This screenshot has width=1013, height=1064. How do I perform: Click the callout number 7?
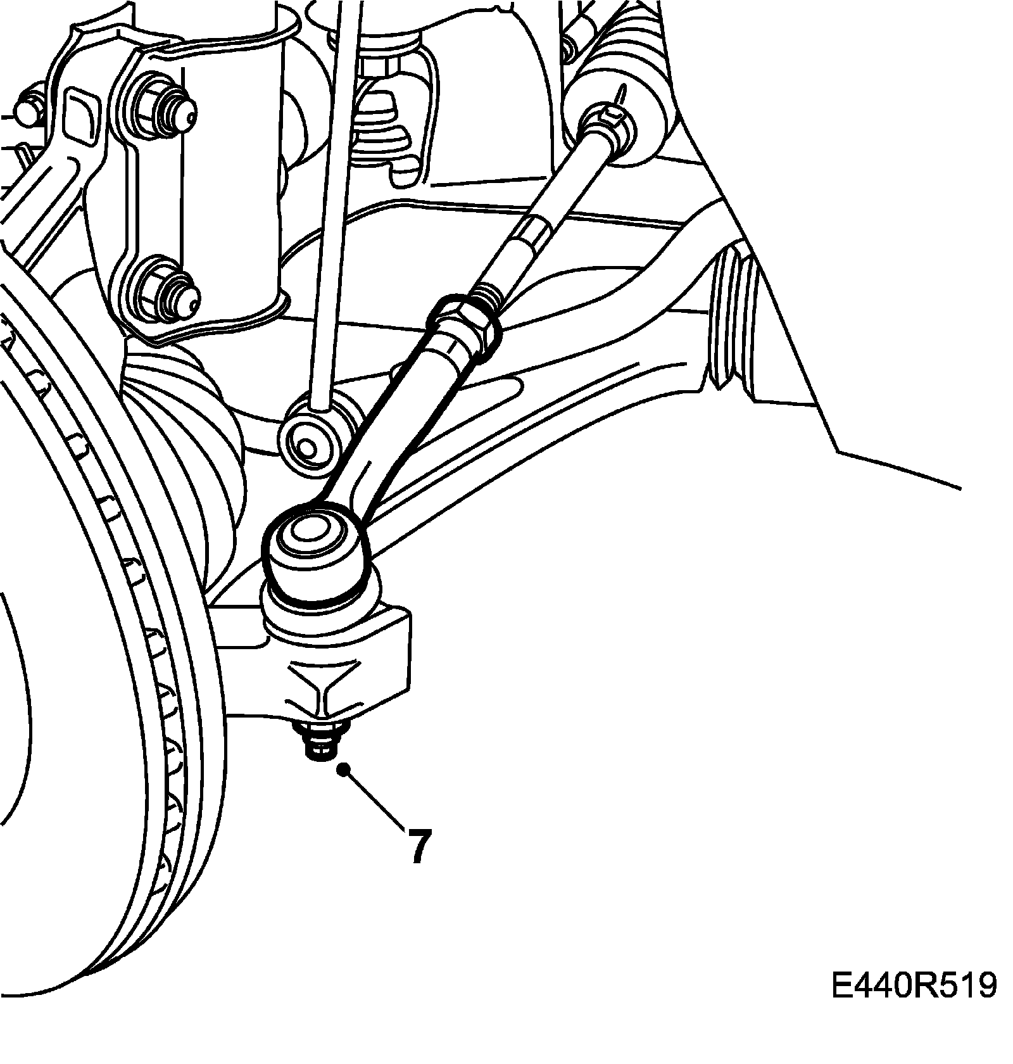tap(418, 845)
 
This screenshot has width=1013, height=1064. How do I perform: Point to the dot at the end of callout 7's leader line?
tap(344, 770)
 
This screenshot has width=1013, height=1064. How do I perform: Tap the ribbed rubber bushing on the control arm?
tap(734, 323)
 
